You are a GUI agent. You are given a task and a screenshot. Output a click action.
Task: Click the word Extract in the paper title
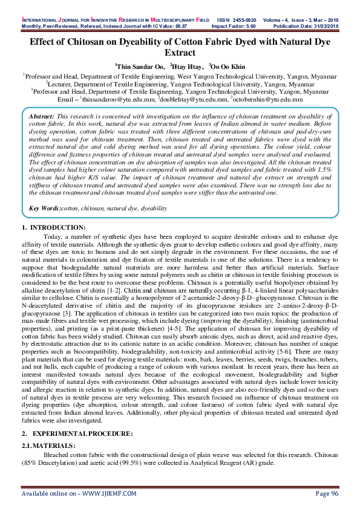(180, 53)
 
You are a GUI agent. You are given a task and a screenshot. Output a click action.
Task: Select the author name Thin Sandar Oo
(140, 67)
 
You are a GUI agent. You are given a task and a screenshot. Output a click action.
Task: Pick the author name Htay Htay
(188, 67)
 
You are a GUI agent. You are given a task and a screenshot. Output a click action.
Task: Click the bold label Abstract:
(42, 115)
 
